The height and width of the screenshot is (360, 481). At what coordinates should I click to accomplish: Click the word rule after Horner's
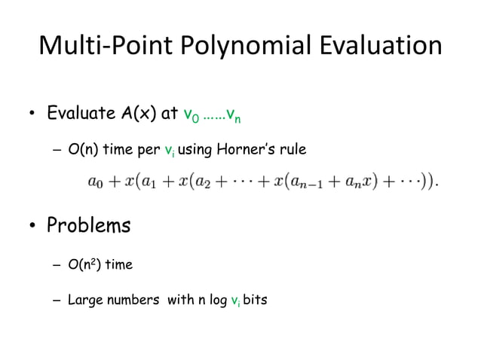[293, 149]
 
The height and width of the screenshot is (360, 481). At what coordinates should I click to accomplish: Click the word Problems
[89, 225]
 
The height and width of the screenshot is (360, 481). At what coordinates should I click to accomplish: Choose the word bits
[255, 301]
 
